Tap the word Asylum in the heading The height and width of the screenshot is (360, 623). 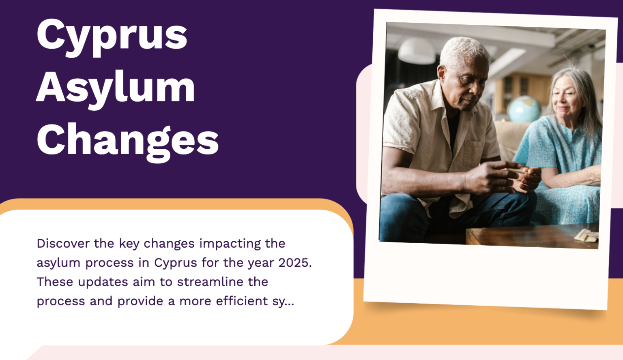click(x=116, y=88)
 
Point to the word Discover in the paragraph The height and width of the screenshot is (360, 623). click(x=63, y=243)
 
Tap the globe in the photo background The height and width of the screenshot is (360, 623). click(x=524, y=108)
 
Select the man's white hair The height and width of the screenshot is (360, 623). click(x=464, y=51)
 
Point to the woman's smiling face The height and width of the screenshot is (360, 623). click(x=565, y=99)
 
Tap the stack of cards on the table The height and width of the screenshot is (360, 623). click(x=586, y=235)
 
